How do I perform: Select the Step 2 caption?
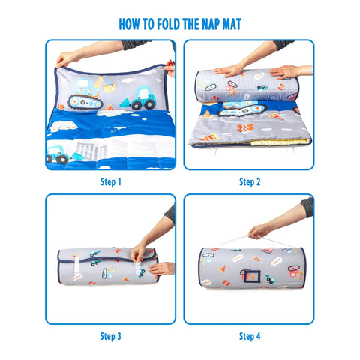[x=250, y=181]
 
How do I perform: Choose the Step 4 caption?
[x=250, y=336]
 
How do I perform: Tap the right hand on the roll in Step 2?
[x=284, y=71]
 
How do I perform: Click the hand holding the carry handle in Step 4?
[x=259, y=230]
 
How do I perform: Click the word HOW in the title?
[x=131, y=23]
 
